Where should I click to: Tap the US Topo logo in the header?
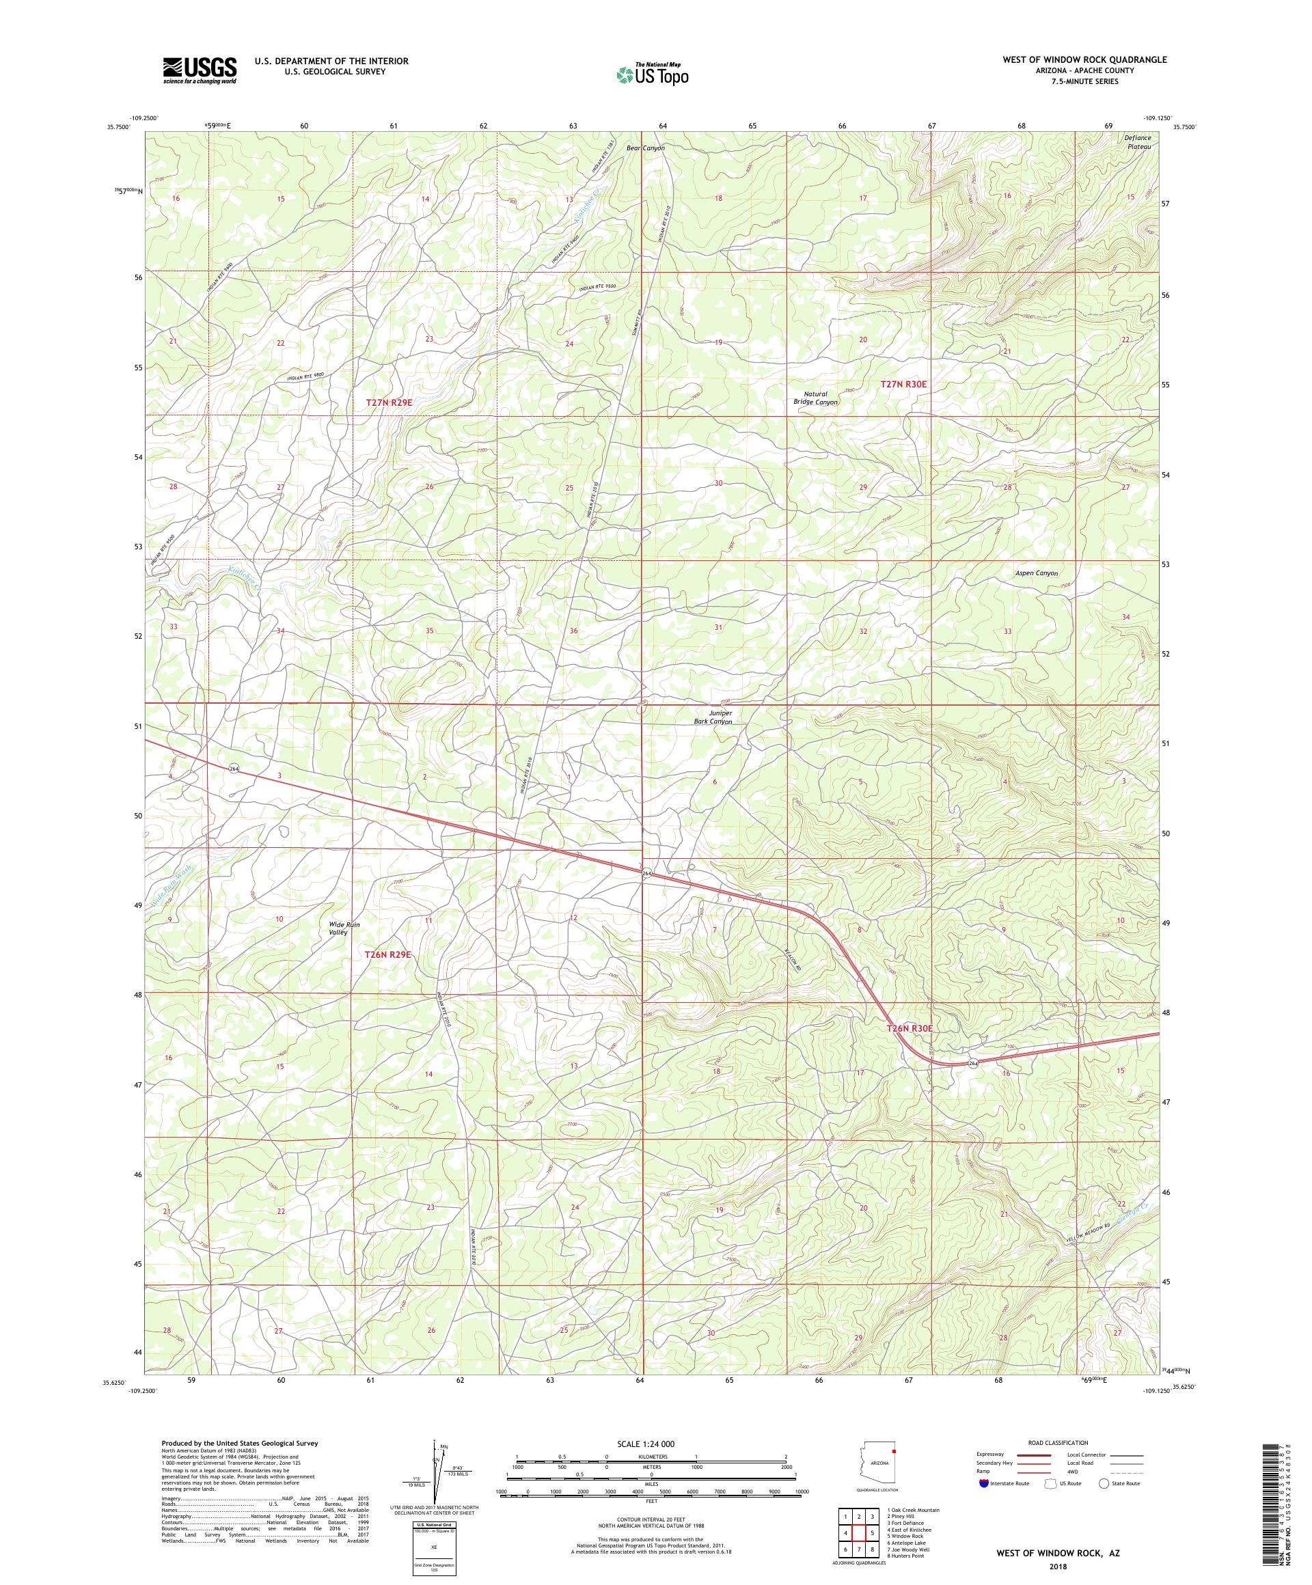coord(653,73)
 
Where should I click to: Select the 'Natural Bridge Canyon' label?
coord(817,398)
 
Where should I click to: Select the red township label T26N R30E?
coord(910,1029)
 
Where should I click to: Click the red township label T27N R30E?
coord(903,384)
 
